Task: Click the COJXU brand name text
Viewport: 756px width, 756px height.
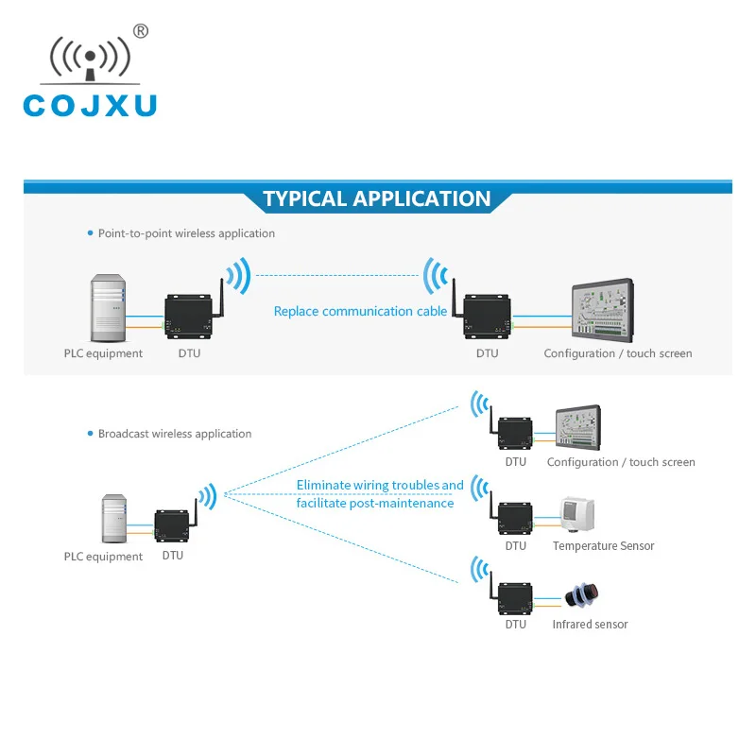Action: pyautogui.click(x=90, y=103)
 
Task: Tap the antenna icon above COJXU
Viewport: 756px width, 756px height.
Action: pyautogui.click(x=90, y=60)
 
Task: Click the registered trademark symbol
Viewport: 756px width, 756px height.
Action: pyautogui.click(x=141, y=31)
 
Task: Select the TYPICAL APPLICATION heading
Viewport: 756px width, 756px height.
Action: pyautogui.click(x=377, y=198)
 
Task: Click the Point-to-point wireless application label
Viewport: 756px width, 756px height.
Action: pyautogui.click(x=186, y=233)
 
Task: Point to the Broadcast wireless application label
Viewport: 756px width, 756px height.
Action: pyautogui.click(x=175, y=434)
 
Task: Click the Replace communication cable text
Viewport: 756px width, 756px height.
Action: pyautogui.click(x=360, y=311)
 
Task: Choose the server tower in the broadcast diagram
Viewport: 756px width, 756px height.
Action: pyautogui.click(x=114, y=519)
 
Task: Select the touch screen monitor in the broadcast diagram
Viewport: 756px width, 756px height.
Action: pyautogui.click(x=578, y=428)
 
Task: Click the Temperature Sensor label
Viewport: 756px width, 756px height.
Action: pyautogui.click(x=603, y=546)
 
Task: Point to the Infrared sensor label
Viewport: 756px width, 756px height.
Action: pyautogui.click(x=590, y=625)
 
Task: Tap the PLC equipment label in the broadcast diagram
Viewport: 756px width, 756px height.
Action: pyautogui.click(x=103, y=557)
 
